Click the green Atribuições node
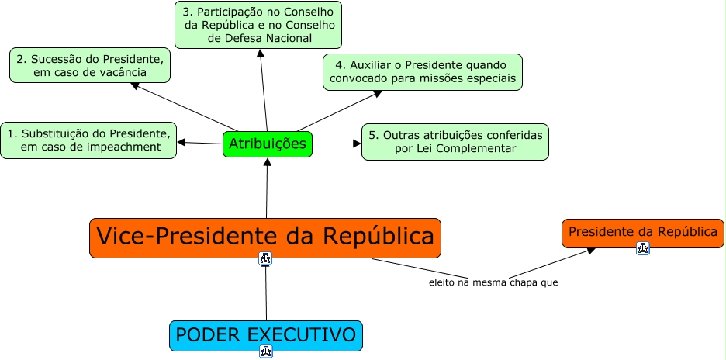pos(268,144)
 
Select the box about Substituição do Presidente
pos(88,140)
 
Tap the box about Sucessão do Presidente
pos(90,65)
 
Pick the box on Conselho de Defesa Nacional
pos(258,25)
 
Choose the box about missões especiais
pos(423,71)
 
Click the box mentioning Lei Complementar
pos(455,142)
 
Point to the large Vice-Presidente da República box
pos(265,237)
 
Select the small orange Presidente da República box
pos(642,232)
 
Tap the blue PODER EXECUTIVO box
pos(266,335)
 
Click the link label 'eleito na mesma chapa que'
pos(493,282)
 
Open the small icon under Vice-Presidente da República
pos(265,258)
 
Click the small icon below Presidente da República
pos(643,248)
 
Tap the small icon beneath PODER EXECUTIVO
pos(266,351)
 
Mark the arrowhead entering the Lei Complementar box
pos(357,144)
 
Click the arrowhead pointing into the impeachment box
pos(181,142)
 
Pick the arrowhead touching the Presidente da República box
pos(590,250)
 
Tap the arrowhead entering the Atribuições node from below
pos(267,162)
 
